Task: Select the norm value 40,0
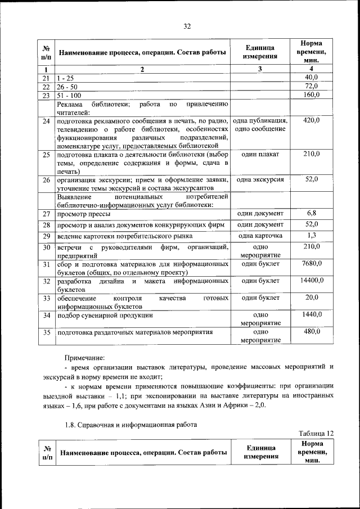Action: [312, 77]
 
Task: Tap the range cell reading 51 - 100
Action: [69, 95]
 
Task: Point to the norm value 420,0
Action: [312, 120]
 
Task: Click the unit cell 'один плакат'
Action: [260, 154]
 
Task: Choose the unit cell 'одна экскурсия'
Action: [260, 179]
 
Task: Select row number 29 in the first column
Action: [47, 236]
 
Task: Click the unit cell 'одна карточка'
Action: [260, 236]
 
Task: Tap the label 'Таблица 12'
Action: [317, 433]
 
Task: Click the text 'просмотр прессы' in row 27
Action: [83, 214]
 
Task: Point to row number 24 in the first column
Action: [47, 121]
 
